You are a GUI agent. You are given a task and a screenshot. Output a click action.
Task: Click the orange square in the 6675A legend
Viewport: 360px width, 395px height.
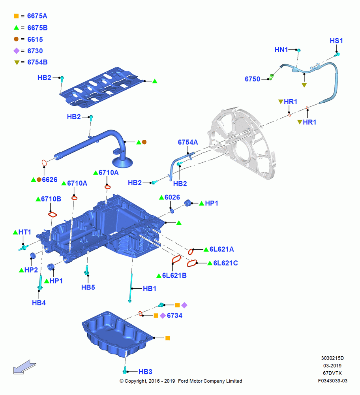click(x=16, y=16)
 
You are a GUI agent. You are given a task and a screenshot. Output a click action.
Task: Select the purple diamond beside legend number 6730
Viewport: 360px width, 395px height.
click(x=16, y=51)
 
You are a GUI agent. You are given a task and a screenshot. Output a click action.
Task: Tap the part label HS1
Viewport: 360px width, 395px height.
click(x=336, y=41)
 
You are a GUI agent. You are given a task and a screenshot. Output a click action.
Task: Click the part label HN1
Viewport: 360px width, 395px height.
click(x=281, y=50)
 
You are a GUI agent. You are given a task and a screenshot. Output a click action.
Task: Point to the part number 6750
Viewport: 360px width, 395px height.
click(x=253, y=79)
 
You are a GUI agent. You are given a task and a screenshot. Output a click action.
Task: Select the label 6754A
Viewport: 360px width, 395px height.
click(x=188, y=142)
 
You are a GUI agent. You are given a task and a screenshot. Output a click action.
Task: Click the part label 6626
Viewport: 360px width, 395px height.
click(x=50, y=180)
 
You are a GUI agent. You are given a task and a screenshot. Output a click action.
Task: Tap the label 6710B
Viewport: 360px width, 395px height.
click(x=51, y=199)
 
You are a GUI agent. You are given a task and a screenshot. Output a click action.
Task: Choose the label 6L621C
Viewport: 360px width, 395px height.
click(x=225, y=263)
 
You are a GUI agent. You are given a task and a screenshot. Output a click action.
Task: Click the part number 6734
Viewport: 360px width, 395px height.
click(x=175, y=315)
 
